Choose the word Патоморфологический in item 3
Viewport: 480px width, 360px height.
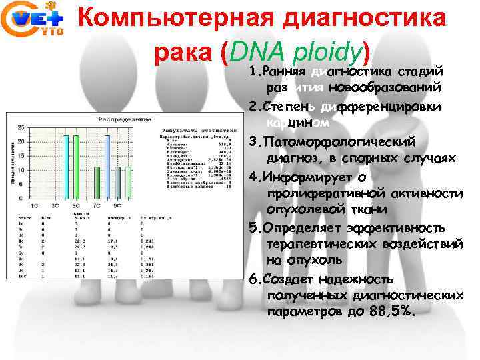coord(340,142)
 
